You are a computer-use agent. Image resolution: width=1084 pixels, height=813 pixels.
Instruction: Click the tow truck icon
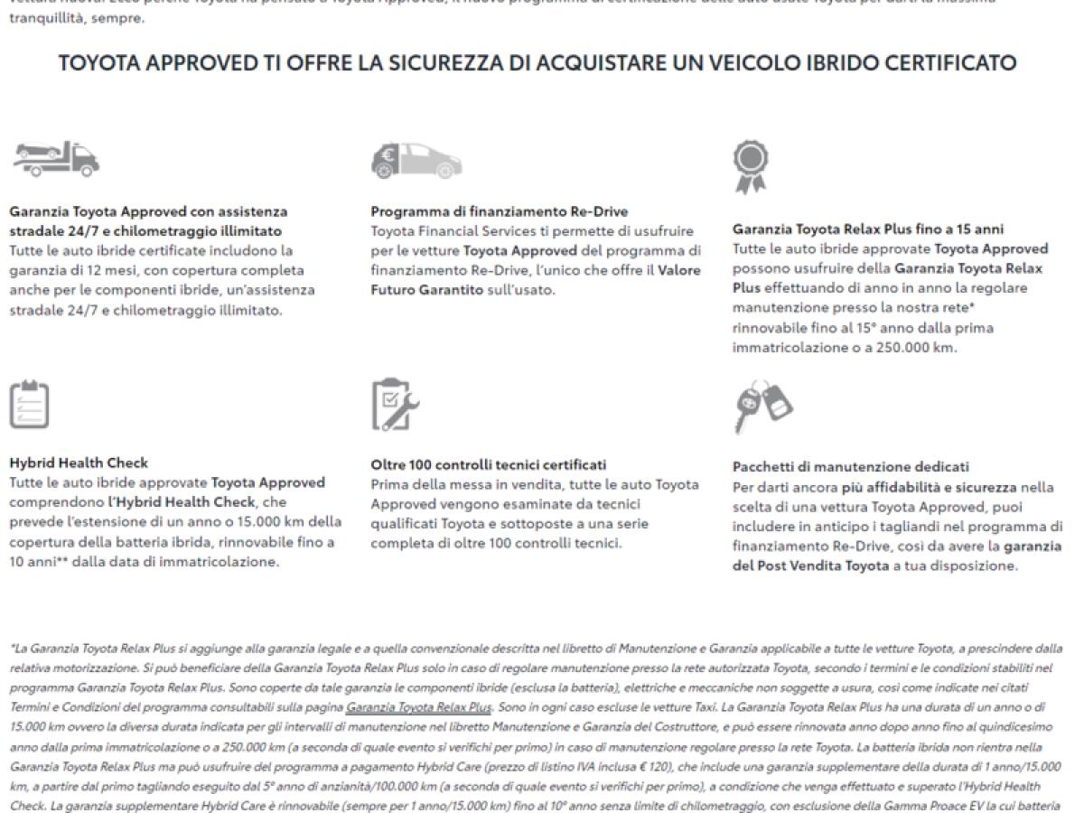(55, 159)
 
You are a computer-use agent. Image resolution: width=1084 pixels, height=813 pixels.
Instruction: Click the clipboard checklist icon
(29, 405)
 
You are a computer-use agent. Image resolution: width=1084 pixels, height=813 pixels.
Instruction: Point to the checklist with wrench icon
(395, 405)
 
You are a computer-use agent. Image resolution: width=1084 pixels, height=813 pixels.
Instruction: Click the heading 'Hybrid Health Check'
(79, 463)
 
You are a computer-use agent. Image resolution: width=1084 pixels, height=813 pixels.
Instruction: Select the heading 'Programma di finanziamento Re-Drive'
(500, 211)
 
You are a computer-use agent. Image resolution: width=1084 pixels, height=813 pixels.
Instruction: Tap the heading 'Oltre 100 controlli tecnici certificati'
(489, 464)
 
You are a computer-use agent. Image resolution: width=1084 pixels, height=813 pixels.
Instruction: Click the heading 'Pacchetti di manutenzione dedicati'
(851, 467)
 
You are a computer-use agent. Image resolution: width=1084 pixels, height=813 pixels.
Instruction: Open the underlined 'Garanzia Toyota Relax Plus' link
(418, 707)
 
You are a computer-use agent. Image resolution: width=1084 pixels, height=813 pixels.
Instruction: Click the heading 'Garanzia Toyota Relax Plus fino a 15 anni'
(868, 229)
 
